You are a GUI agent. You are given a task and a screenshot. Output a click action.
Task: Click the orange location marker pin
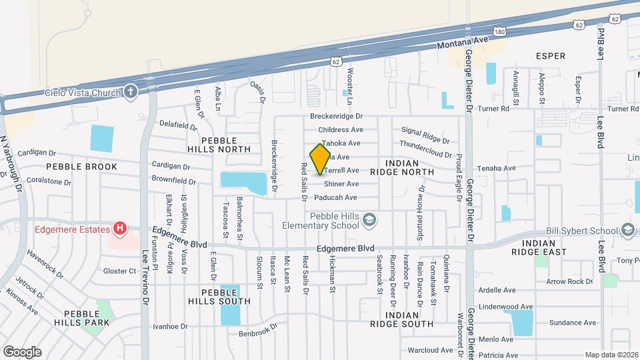321,159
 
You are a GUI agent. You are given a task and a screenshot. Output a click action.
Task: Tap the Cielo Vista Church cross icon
131,92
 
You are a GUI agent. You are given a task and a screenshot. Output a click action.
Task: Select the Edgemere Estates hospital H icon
119,229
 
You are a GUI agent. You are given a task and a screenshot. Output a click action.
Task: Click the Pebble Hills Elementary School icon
371,219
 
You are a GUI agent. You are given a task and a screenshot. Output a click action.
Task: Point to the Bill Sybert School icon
627,231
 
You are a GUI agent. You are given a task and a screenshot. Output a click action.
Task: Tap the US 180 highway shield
500,31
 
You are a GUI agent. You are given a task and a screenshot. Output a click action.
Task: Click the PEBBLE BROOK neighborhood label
81,167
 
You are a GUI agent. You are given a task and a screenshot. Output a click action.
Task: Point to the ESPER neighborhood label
551,56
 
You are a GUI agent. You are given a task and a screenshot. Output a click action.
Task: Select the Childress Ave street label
341,129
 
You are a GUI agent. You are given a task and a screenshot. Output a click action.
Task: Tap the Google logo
22,351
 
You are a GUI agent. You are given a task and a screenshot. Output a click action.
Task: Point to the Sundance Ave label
573,323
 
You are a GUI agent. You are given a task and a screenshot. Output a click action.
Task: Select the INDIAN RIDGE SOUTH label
402,319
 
